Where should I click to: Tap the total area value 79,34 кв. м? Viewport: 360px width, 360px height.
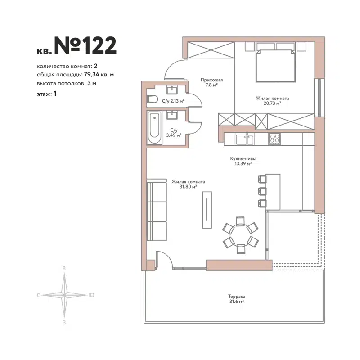[99, 75]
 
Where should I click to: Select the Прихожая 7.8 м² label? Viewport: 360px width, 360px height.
[211, 82]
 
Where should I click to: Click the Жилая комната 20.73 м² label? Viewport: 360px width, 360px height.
[272, 100]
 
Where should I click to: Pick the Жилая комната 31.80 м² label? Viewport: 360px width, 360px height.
[188, 184]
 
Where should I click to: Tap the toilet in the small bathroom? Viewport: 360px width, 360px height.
[152, 99]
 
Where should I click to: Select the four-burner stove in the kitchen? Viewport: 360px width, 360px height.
[274, 139]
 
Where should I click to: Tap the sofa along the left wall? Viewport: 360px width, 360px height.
[156, 211]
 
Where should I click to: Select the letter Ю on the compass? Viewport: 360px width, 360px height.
[91, 295]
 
